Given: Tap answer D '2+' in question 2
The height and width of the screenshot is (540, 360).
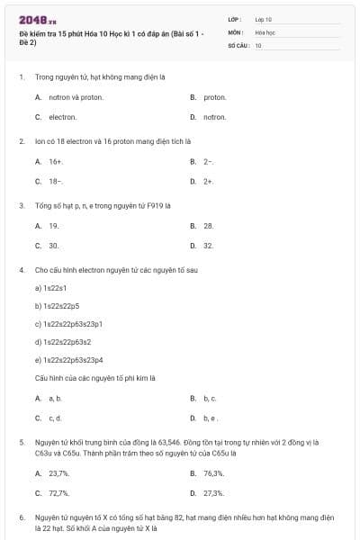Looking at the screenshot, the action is coord(208,181).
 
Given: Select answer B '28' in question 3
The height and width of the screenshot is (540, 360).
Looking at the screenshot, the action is coord(208,225).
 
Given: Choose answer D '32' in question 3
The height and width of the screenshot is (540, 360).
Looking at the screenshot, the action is coord(208,245).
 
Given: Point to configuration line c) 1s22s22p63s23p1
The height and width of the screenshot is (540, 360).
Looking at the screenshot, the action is coord(68,323).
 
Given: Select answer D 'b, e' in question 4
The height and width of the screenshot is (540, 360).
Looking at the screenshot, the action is coord(210,418).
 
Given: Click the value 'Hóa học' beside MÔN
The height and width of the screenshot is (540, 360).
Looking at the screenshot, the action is coord(265,31).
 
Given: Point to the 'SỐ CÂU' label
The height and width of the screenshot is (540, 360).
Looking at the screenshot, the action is coord(238,44).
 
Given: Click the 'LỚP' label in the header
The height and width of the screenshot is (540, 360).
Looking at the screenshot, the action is coord(234,19).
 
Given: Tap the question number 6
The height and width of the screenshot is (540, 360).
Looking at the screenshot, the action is coord(22,518).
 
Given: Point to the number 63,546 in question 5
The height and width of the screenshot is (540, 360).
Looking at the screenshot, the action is coord(168,443).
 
